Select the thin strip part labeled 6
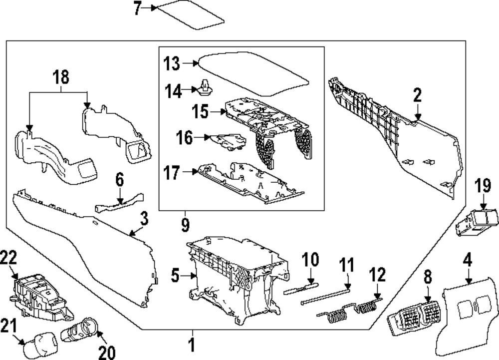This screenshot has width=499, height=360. [x=117, y=204]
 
